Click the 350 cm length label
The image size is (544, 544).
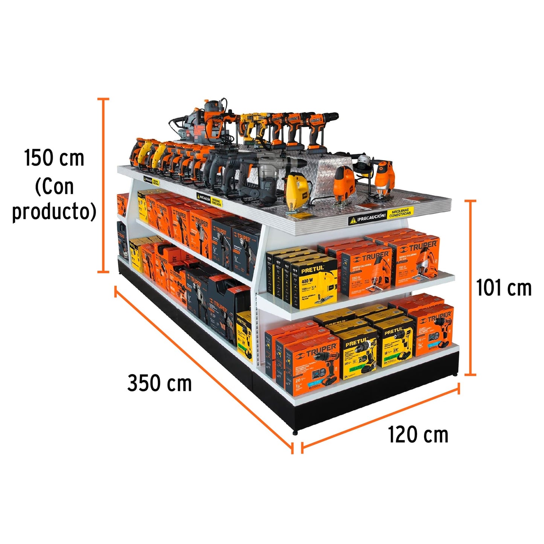(x=159, y=384)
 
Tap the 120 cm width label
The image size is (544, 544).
(x=418, y=435)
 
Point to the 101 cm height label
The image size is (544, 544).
(x=504, y=288)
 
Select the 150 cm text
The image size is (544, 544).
(x=54, y=158)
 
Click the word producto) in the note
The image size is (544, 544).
(x=54, y=212)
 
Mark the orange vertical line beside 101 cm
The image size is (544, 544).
(x=470, y=288)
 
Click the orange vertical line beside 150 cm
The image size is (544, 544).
(x=104, y=184)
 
